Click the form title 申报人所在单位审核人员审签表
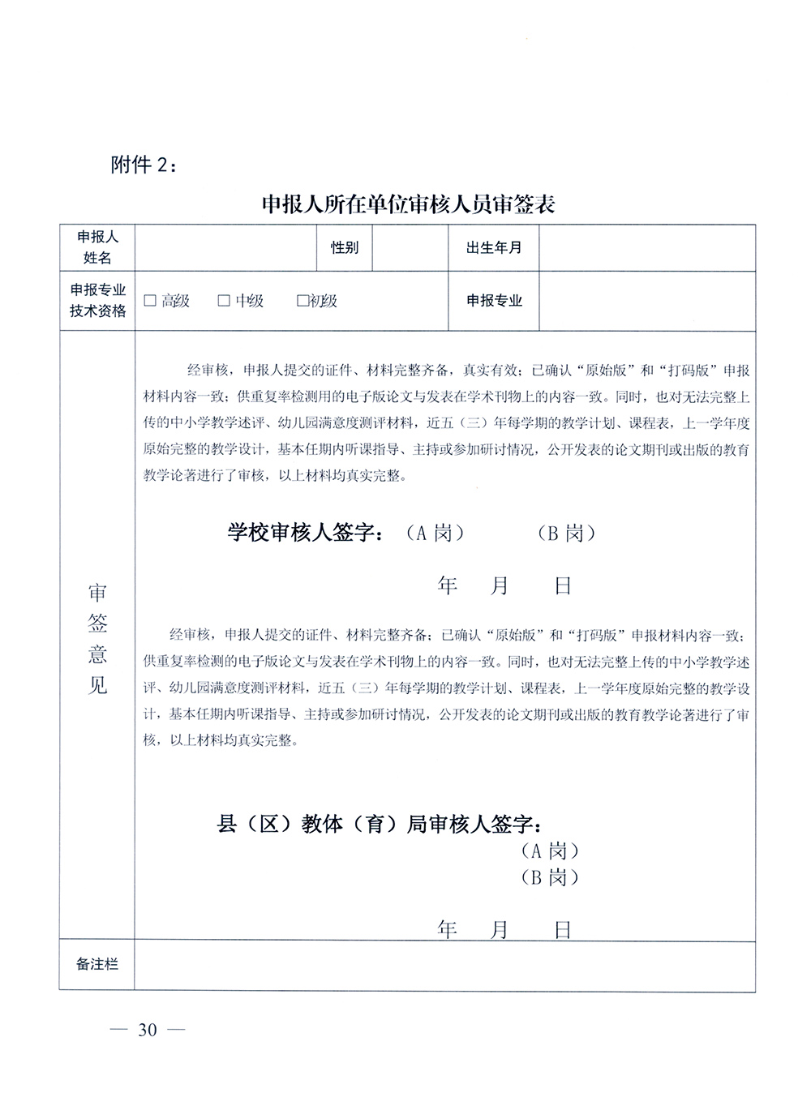click(407, 205)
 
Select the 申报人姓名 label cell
click(97, 248)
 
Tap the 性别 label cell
click(344, 248)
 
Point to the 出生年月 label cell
click(493, 248)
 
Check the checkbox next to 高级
click(150, 301)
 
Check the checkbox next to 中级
click(224, 301)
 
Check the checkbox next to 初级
click(303, 301)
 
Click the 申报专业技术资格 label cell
click(97, 301)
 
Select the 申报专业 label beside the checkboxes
click(493, 301)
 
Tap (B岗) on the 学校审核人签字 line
click(565, 534)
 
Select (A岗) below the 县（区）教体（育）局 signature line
click(550, 851)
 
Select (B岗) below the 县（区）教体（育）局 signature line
click(550, 877)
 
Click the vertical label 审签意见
click(97, 639)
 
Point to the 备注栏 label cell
click(97, 965)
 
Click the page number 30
click(147, 1031)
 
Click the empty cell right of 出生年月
click(646, 248)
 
